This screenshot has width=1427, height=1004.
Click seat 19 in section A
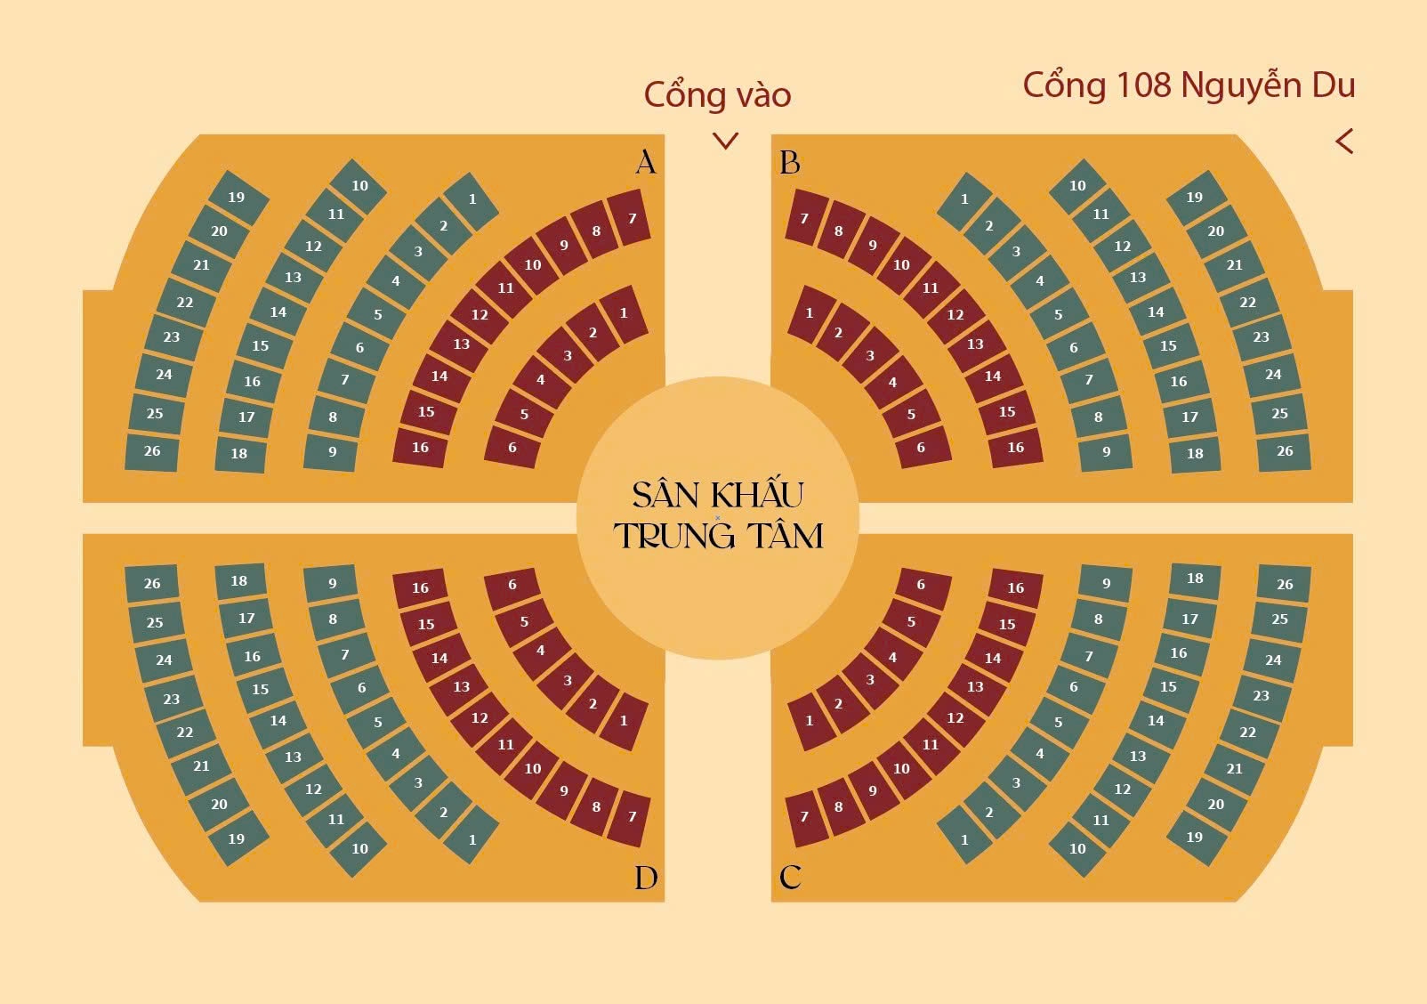(236, 198)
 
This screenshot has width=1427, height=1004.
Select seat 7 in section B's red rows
(804, 218)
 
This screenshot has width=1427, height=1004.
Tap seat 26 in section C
(1285, 585)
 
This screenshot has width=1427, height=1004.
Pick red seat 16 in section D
(420, 587)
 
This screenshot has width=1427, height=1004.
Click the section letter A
(646, 162)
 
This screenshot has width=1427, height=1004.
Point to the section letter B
(790, 163)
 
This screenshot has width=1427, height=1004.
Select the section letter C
(790, 878)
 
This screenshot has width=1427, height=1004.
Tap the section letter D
(646, 878)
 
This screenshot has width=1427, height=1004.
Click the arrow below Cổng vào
(726, 141)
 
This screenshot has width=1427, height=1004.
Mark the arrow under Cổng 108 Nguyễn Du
(1344, 142)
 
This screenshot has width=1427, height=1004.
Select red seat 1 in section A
(624, 313)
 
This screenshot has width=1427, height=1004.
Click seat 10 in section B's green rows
(1077, 186)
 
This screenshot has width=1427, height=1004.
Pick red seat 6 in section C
(921, 585)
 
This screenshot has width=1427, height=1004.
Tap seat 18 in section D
(239, 581)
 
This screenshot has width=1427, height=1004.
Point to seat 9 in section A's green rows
(333, 452)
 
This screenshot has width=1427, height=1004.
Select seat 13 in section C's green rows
(1138, 756)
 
